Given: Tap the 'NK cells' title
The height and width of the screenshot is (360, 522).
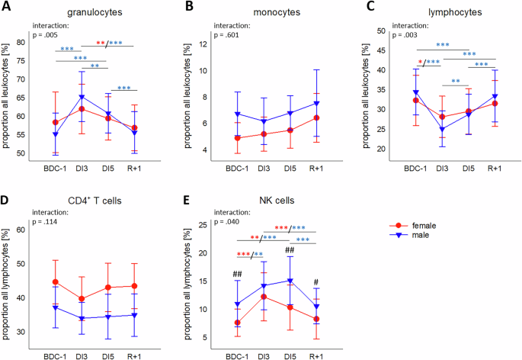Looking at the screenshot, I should (x=261, y=201).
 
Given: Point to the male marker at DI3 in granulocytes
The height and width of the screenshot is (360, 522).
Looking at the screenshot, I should (x=82, y=97).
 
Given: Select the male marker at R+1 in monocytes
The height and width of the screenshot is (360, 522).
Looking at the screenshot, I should (x=315, y=103).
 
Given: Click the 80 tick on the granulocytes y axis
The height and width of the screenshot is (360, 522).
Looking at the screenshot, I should (x=31, y=43).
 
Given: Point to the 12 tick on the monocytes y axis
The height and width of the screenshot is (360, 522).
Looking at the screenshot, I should (x=204, y=43).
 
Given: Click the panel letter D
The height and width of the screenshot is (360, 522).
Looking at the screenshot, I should (x=8, y=201).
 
